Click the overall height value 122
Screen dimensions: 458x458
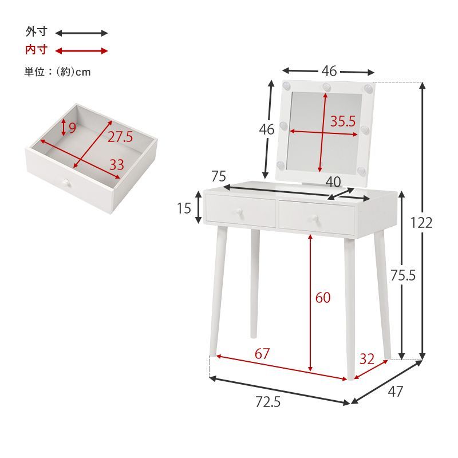[x=421, y=223]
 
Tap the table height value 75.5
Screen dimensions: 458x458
[x=402, y=275]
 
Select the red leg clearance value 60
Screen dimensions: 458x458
[x=323, y=298]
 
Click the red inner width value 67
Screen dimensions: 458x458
[x=262, y=354]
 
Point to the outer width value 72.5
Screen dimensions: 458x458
[x=268, y=402]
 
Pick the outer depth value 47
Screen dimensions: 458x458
[x=395, y=392]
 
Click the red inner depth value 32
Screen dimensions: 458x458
[x=366, y=359]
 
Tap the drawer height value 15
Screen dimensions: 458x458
[x=183, y=208]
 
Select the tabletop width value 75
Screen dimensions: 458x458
[x=219, y=176]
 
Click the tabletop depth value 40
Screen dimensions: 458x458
[x=333, y=181]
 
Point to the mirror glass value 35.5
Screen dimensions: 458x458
[x=342, y=121]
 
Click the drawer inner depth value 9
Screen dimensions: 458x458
[x=72, y=128]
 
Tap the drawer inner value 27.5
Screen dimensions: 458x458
[x=120, y=137]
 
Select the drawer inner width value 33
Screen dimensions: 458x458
[x=117, y=165]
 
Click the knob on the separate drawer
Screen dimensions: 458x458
[x=66, y=184]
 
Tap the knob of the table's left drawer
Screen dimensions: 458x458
[x=236, y=212]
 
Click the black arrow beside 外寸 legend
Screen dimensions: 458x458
[x=81, y=33]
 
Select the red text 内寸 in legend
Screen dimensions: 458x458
[x=35, y=50]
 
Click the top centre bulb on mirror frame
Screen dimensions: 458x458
[x=326, y=87]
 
